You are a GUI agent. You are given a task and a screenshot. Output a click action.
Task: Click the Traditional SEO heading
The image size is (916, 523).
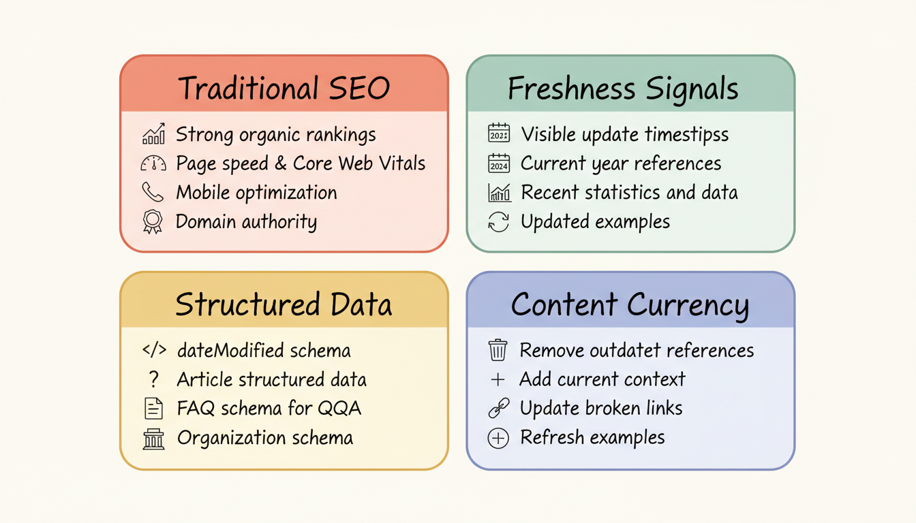284,89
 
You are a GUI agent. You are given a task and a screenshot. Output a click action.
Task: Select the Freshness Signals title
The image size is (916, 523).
623,89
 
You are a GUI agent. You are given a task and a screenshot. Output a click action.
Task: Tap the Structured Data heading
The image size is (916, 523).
284,304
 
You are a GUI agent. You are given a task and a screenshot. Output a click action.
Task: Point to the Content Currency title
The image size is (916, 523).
630,304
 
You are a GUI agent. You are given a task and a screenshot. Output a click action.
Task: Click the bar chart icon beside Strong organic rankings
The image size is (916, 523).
153,134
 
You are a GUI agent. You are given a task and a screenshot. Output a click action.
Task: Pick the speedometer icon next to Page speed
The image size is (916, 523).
153,163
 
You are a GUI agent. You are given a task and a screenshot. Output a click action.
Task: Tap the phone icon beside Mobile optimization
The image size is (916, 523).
153,193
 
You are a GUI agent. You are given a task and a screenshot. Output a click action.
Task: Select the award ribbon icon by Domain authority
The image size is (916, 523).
153,222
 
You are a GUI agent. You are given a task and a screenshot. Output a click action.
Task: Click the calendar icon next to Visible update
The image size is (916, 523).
499,134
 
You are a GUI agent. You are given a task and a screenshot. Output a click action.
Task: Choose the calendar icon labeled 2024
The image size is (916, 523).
499,163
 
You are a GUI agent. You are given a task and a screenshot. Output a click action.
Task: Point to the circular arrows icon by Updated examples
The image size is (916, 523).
499,222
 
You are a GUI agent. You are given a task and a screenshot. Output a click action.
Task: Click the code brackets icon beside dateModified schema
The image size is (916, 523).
154,350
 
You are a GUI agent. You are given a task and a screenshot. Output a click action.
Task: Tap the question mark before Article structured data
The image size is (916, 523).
154,379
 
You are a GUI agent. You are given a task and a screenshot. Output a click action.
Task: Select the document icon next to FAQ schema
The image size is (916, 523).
154,409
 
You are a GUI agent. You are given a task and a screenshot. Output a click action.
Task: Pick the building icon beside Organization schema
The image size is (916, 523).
154,439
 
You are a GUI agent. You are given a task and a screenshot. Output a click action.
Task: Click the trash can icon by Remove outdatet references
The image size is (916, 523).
498,350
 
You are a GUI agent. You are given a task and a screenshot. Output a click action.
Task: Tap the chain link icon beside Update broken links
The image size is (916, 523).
498,409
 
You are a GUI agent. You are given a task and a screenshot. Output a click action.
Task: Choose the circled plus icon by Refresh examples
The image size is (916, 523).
498,439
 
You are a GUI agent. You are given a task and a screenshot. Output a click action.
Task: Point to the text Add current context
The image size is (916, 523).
602,379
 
